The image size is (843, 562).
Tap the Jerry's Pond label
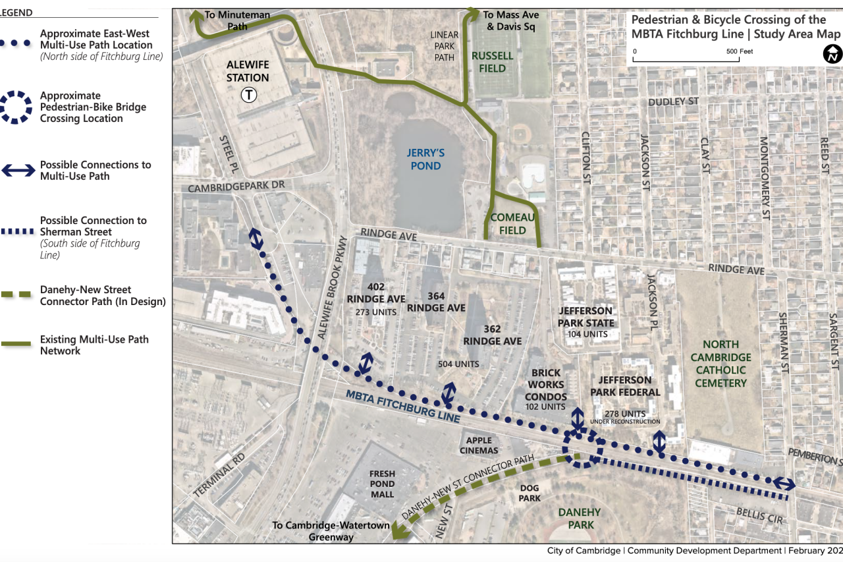click(x=425, y=159)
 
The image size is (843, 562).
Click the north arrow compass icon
click(x=832, y=54)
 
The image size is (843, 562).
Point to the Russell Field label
click(x=492, y=62)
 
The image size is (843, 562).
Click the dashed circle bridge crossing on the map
click(x=582, y=449)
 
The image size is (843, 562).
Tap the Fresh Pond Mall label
click(x=382, y=484)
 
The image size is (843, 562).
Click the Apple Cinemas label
click(x=479, y=445)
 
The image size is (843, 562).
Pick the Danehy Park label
click(x=580, y=519)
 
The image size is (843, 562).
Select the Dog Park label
click(x=529, y=493)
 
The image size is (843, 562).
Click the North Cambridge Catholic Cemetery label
click(x=721, y=363)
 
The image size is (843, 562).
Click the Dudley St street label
click(x=673, y=101)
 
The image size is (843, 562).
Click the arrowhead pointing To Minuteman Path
click(x=196, y=15)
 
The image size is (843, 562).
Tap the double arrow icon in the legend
click(x=18, y=171)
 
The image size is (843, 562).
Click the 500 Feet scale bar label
click(x=740, y=51)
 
